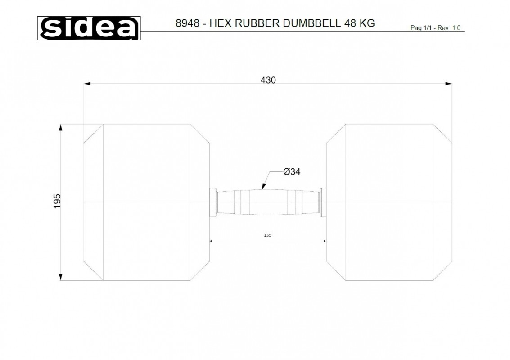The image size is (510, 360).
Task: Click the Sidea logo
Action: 89,28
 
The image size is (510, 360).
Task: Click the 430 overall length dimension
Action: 268,80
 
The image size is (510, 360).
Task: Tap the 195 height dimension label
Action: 57,201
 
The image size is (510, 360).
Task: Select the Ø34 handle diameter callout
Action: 292,171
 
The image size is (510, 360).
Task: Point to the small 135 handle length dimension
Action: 267,235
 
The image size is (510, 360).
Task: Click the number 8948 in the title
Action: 187,23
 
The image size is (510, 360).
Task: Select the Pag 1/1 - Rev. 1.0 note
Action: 435,28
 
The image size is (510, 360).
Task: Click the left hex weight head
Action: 147,202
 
